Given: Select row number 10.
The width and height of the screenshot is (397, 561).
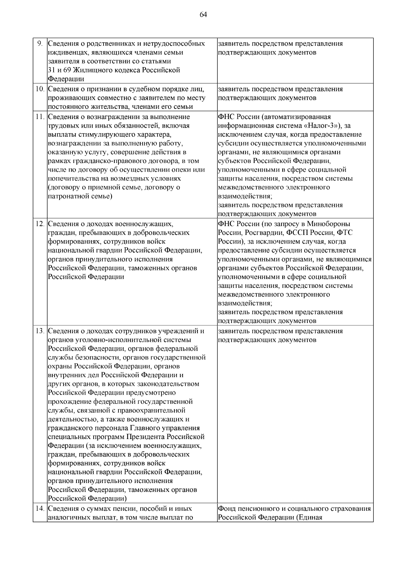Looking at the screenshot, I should pos(40,89).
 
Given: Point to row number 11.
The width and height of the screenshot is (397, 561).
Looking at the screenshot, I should pos(40,117).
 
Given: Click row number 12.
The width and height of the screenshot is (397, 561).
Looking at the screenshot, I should pos(40,224).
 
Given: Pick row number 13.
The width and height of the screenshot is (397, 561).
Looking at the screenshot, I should pos(40,331).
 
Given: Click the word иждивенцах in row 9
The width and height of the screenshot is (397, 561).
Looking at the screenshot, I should pos(65,53).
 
